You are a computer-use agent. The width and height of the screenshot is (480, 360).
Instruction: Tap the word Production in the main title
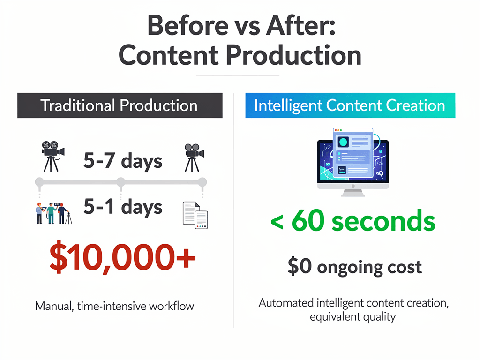coord(294,55)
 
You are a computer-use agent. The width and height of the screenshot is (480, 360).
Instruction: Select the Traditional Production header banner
coord(120,105)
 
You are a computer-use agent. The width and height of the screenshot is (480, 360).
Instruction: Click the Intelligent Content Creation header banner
coord(350,105)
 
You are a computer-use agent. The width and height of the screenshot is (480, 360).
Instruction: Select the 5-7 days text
coord(123,162)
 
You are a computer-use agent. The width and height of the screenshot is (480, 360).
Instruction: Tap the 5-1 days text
coord(123,207)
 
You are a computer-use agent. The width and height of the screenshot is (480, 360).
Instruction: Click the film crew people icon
coord(53,213)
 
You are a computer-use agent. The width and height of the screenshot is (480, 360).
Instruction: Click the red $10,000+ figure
coord(122,258)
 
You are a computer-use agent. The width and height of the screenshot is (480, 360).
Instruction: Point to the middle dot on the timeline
coord(120,181)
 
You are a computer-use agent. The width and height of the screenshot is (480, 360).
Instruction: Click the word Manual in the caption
coord(52,307)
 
